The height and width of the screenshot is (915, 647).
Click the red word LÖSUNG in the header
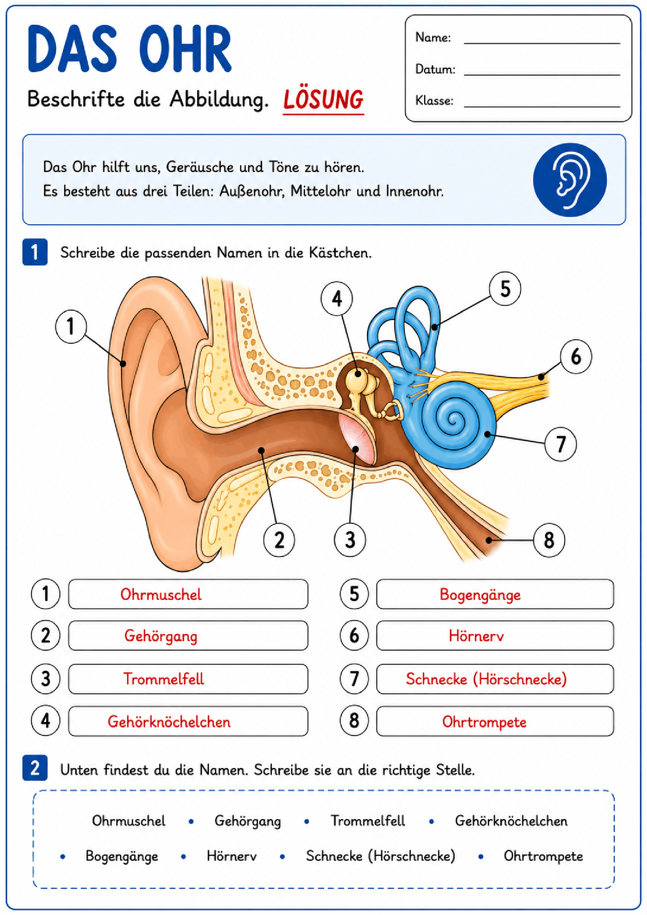323,99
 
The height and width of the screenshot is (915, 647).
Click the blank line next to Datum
542,75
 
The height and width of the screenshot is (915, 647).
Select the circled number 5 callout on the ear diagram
505,289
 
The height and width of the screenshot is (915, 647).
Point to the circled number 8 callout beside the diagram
549,540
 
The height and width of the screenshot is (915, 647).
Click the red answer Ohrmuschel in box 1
161,594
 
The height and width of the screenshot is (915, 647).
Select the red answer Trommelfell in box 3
164,679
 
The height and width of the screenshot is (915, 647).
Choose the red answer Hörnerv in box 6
476,636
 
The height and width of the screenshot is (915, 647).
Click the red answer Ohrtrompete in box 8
484,722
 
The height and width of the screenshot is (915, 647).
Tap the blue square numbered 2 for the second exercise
35,768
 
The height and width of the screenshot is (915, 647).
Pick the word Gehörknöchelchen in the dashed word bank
511,821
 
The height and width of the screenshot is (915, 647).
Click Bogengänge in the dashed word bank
122,856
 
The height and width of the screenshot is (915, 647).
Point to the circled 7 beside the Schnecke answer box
354,679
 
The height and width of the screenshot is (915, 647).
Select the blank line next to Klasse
542,107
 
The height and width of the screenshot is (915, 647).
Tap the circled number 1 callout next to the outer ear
71,326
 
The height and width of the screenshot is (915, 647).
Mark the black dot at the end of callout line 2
261,450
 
